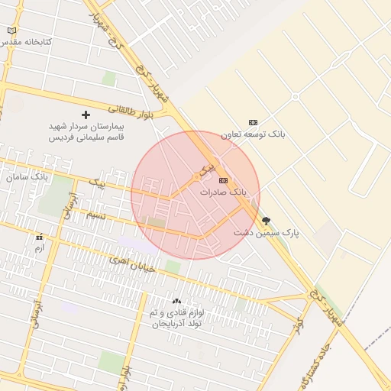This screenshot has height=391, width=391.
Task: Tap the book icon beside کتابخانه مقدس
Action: coord(11,31)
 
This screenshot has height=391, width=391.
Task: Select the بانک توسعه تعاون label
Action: coord(254,134)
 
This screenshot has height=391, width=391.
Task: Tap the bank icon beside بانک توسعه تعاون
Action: coord(254,122)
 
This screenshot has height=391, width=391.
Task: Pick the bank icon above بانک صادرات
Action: coord(223,180)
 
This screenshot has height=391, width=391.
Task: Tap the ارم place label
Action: coord(40,248)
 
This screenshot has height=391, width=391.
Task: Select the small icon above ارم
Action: coord(39,238)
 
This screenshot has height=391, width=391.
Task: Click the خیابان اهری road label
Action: coord(133,263)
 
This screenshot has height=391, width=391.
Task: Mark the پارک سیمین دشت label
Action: coord(266,231)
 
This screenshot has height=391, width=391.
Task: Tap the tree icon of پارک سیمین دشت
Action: coord(266,220)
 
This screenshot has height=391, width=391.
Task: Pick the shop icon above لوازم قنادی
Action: coord(176,302)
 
